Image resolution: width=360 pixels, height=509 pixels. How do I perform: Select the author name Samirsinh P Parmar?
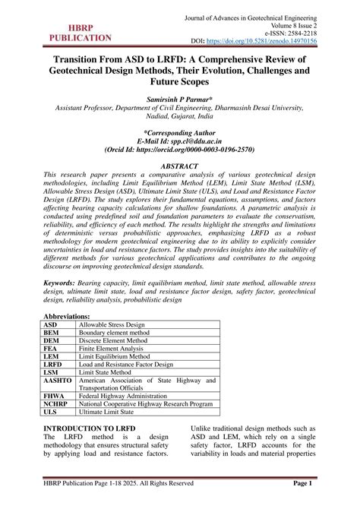click(180, 100)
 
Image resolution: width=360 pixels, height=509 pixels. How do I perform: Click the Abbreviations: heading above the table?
click(67, 315)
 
